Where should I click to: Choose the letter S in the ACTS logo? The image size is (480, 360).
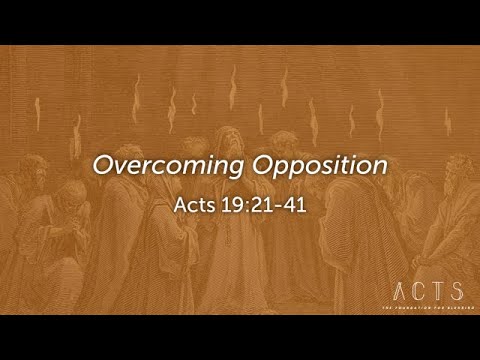point(456,291)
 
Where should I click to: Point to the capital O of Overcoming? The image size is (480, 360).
point(103,164)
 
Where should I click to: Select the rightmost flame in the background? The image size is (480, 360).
point(448,121)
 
